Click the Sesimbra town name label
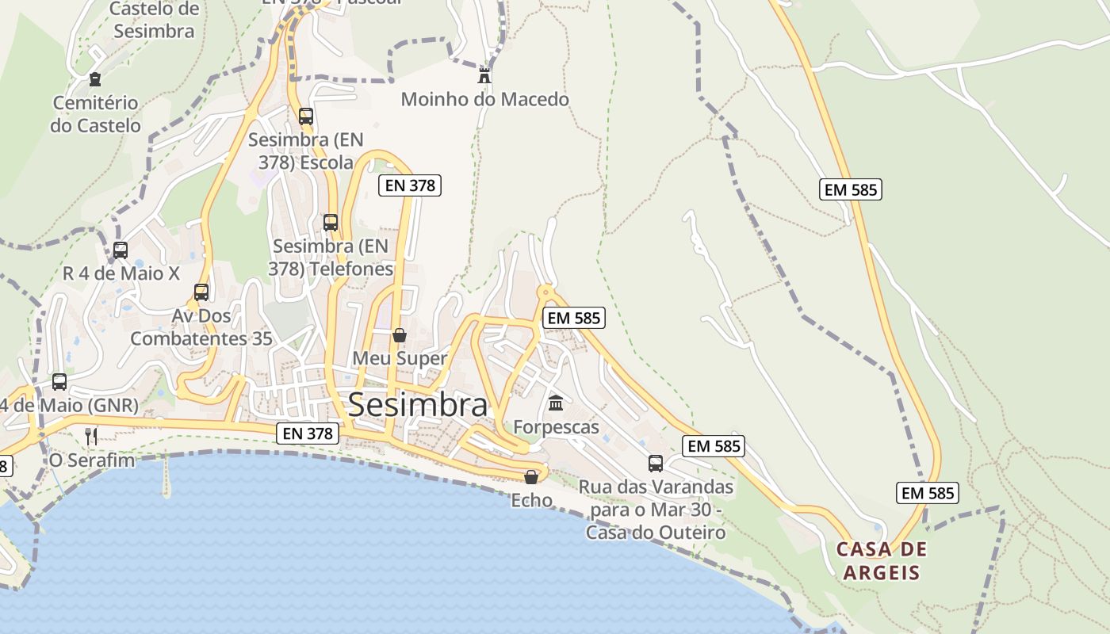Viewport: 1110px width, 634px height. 417,405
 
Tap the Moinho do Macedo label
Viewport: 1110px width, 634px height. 484,100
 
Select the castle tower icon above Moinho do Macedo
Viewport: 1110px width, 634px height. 484,76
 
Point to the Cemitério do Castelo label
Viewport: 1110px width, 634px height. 95,114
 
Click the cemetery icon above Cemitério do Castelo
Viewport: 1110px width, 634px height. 95,79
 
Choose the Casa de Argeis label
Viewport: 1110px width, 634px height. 882,561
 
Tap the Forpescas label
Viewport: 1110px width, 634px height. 556,427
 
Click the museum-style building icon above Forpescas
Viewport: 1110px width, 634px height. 556,403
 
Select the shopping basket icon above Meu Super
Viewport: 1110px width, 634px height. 400,335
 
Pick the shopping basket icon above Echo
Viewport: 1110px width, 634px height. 531,476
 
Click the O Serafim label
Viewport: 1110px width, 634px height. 92,460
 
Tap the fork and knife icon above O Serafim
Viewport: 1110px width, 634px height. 91,436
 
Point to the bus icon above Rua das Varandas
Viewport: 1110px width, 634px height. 656,463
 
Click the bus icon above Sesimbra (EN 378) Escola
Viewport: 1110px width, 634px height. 306,116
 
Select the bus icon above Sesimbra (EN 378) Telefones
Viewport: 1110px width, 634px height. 331,223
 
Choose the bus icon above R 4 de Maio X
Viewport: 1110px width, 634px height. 121,250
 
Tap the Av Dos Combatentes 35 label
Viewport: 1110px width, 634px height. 201,327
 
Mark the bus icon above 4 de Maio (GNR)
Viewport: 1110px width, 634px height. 59,382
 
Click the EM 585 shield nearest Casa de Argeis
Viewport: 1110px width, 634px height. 928,493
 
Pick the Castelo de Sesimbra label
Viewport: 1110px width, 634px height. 154,21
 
